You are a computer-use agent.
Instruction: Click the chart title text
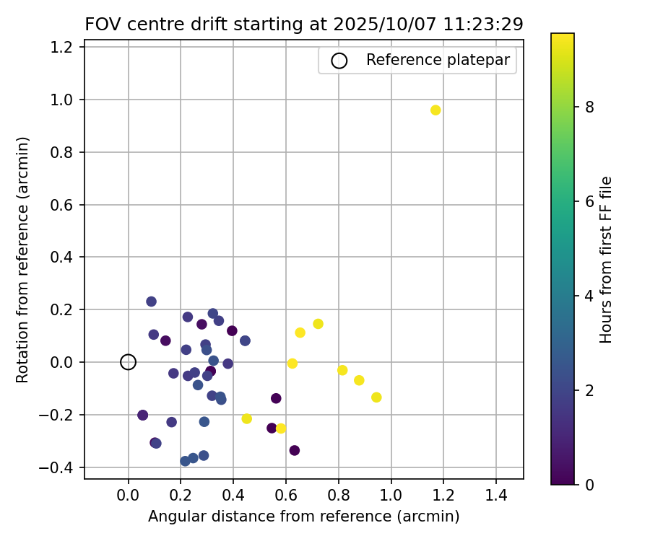[x=304, y=24]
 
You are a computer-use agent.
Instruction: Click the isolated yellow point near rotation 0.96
[x=435, y=110]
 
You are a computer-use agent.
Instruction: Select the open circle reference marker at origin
[x=128, y=362]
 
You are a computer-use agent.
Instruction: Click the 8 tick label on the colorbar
[x=589, y=107]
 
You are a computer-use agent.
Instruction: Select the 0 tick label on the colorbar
[x=589, y=485]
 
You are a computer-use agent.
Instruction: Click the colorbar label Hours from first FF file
[x=607, y=260]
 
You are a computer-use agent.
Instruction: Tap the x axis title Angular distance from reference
[x=304, y=516]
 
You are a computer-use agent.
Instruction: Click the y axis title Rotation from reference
[x=23, y=260]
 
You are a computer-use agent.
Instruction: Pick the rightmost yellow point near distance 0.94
[x=376, y=397]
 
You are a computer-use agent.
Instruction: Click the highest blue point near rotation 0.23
[x=151, y=302]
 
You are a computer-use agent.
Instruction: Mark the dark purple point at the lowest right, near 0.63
[x=295, y=451]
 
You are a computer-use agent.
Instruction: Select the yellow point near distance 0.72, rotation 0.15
[x=318, y=324]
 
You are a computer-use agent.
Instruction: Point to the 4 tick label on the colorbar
[x=589, y=296]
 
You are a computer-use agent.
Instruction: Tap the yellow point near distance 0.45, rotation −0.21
[x=246, y=418]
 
